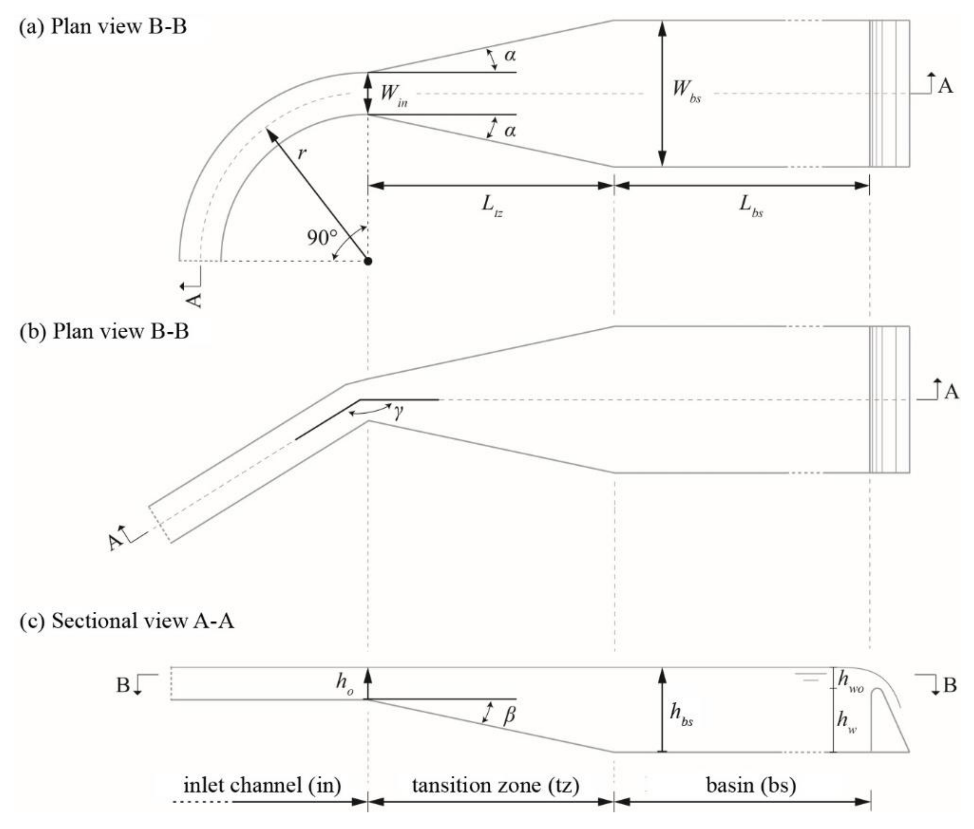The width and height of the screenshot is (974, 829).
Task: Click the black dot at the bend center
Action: [x=368, y=261]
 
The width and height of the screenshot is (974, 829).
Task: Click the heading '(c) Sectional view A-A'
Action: [x=126, y=621]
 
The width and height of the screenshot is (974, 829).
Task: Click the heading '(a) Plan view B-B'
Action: [x=102, y=26]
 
